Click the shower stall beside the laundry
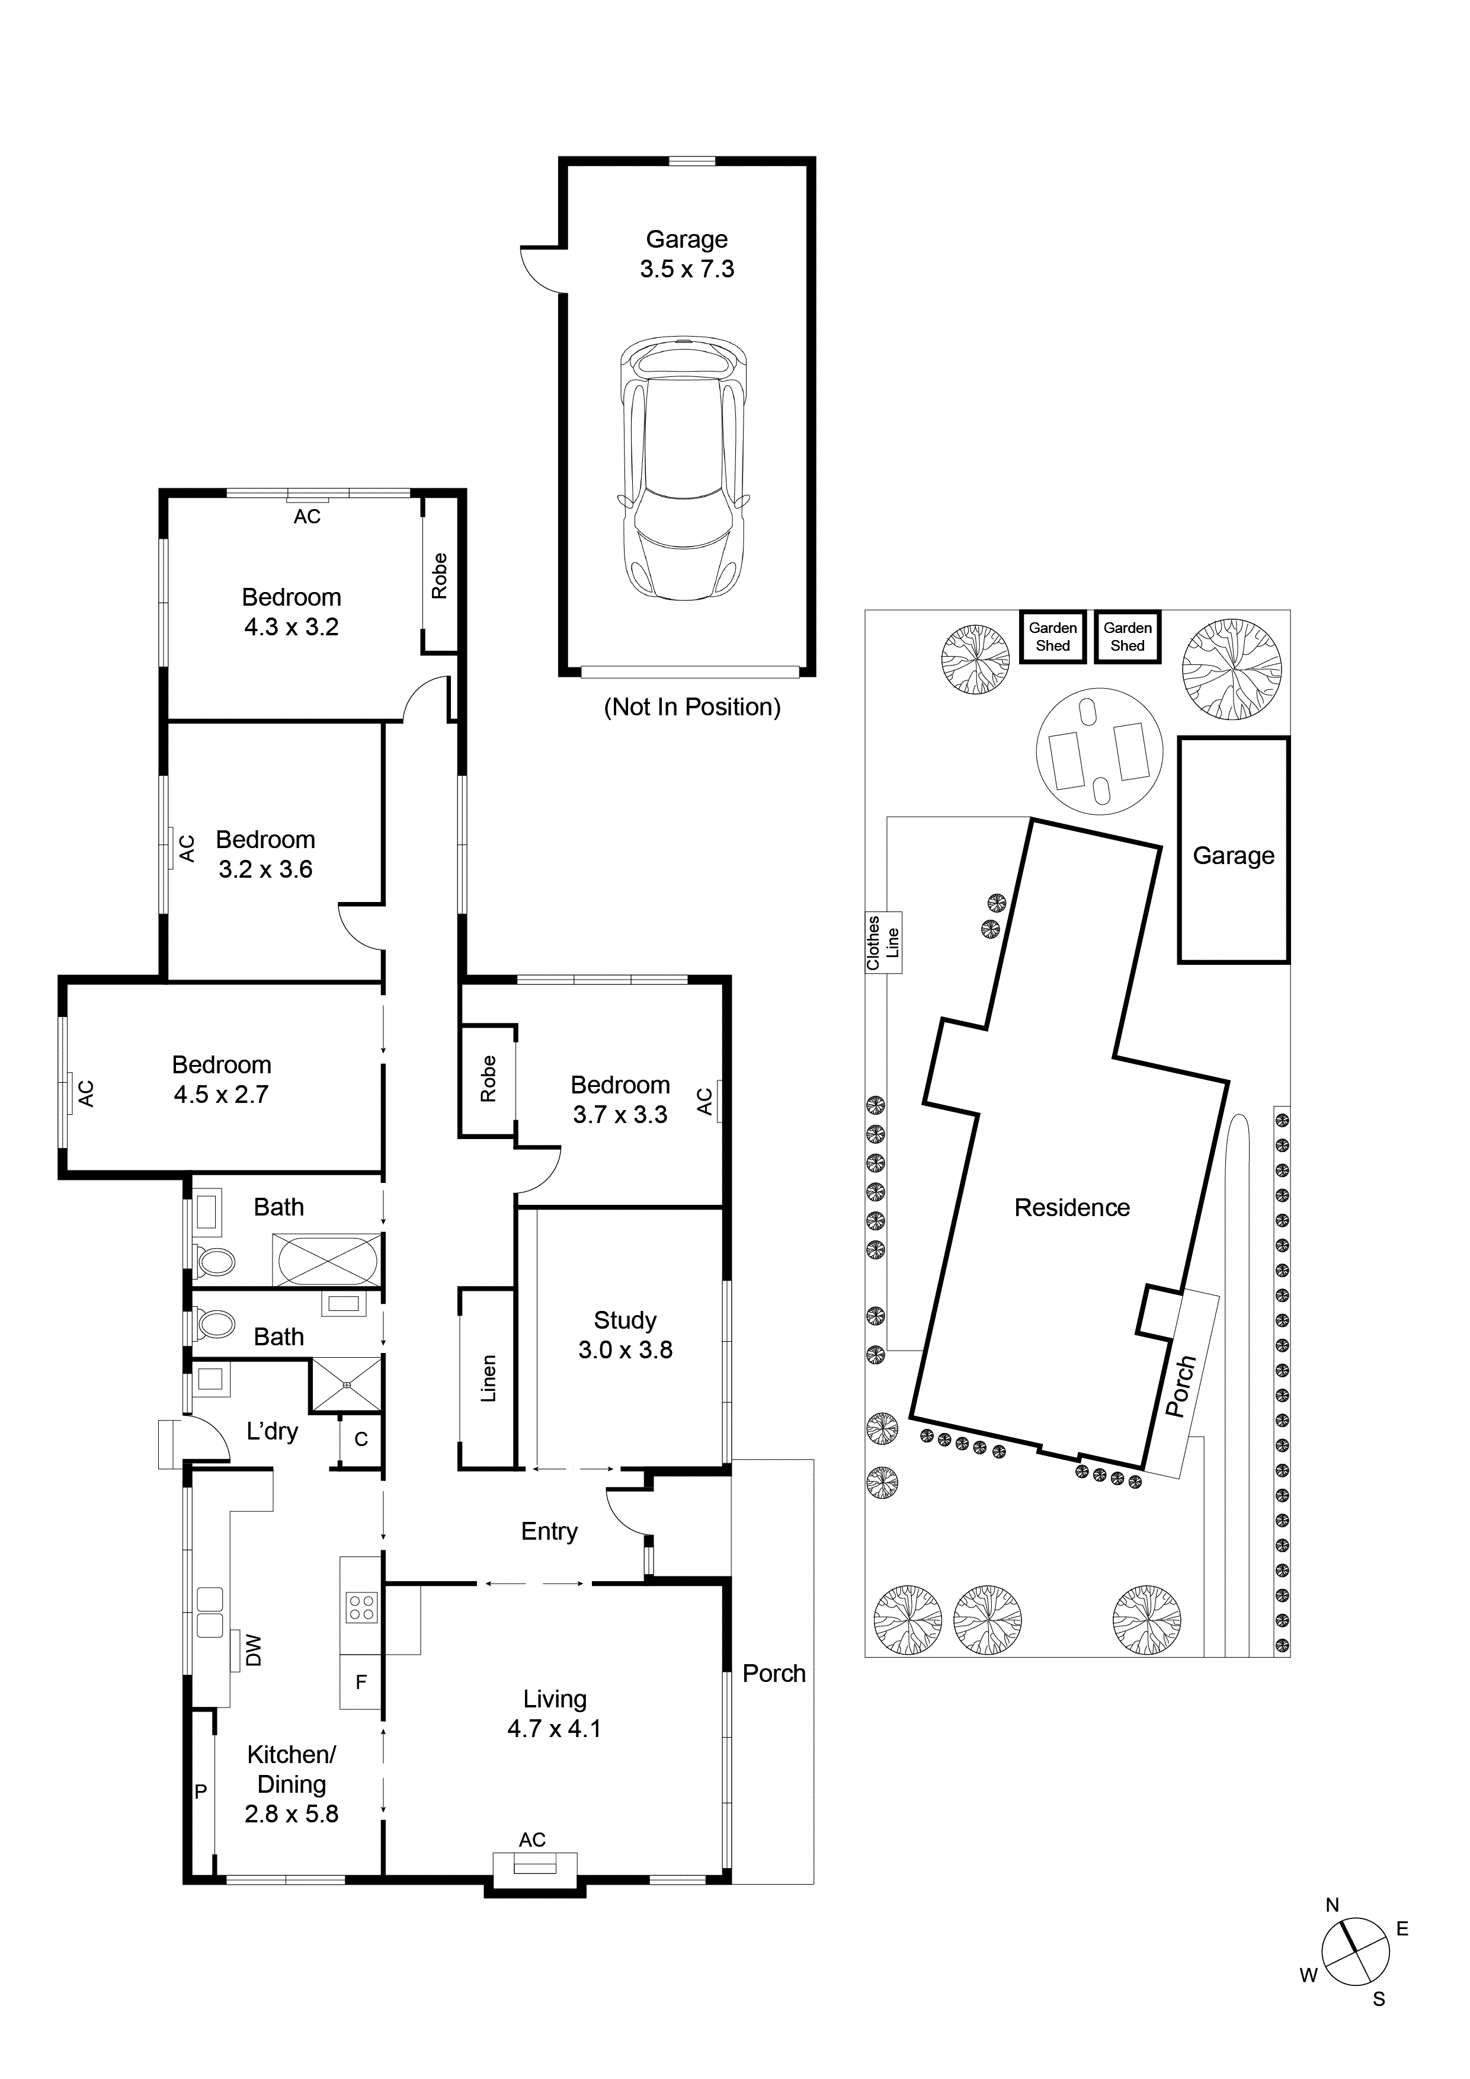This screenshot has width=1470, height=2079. click(x=346, y=1384)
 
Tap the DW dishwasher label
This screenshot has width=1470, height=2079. click(x=254, y=1650)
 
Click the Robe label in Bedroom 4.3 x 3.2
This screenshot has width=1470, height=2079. click(x=440, y=576)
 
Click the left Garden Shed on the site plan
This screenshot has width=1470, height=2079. click(x=1053, y=637)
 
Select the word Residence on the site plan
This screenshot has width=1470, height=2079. click(x=1072, y=1208)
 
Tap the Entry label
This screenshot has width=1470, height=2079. click(x=549, y=1531)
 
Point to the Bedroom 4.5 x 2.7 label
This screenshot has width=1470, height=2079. click(x=222, y=1079)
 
